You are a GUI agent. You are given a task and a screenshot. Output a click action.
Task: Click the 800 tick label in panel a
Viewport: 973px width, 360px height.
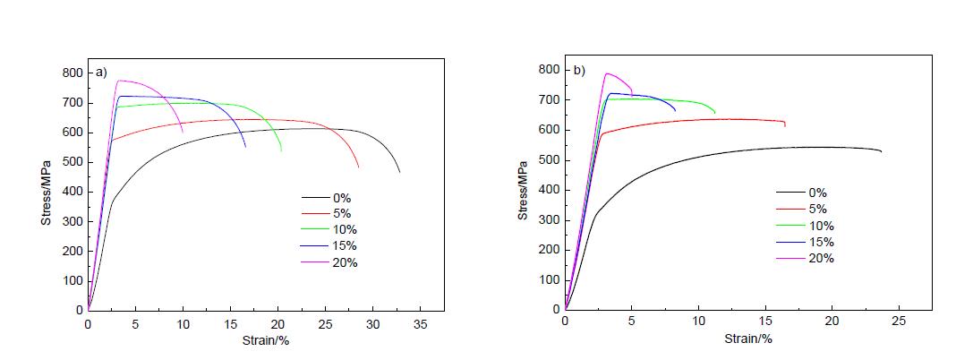point(72,73)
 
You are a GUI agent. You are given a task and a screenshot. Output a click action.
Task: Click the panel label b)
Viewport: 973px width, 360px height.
point(577,70)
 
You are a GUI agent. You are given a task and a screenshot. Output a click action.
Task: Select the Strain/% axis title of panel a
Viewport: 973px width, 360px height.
point(265,340)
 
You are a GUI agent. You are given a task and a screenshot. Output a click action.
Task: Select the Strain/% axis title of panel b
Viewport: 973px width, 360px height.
point(749,339)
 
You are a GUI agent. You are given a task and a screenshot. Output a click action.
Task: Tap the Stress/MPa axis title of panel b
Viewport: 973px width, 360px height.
point(523,188)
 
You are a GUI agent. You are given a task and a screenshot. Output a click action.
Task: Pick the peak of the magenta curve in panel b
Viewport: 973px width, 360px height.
point(609,73)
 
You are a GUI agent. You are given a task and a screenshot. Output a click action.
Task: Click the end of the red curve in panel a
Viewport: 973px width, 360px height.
point(359,167)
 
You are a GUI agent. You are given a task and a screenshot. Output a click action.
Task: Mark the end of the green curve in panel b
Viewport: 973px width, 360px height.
point(715,113)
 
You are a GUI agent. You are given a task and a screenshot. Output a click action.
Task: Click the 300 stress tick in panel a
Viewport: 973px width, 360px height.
point(72,221)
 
